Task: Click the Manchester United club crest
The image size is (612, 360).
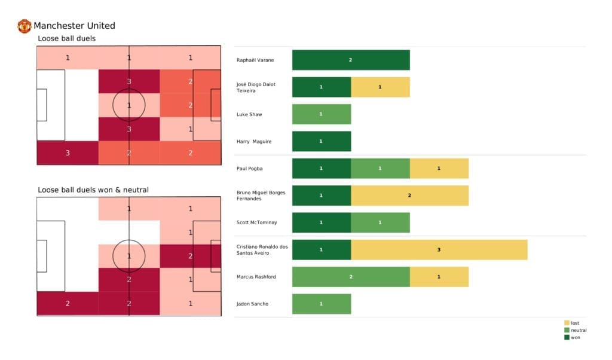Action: pyautogui.click(x=25, y=26)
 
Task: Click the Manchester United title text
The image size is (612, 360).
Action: pyautogui.click(x=74, y=26)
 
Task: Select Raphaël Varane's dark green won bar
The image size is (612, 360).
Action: pyautogui.click(x=351, y=60)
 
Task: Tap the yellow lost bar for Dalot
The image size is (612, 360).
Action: pyautogui.click(x=380, y=87)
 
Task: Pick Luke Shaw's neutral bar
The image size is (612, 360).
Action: pyautogui.click(x=322, y=114)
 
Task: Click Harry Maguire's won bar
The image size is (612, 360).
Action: pyautogui.click(x=322, y=141)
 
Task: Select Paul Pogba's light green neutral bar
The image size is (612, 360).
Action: pyautogui.click(x=380, y=169)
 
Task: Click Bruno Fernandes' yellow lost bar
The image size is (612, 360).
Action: pyautogui.click(x=409, y=196)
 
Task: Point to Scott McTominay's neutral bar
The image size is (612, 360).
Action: pyautogui.click(x=380, y=222)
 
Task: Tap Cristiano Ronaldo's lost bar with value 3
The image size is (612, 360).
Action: pyautogui.click(x=439, y=249)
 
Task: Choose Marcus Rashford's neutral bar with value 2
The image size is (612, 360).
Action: pyautogui.click(x=351, y=277)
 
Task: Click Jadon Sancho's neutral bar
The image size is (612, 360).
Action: pyautogui.click(x=322, y=304)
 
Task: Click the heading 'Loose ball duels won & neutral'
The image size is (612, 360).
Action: pyautogui.click(x=93, y=190)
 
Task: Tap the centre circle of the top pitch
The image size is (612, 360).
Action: pyautogui.click(x=129, y=105)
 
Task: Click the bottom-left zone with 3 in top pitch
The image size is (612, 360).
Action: pyautogui.click(x=68, y=152)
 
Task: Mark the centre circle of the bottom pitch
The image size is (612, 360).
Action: pyautogui.click(x=129, y=256)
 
